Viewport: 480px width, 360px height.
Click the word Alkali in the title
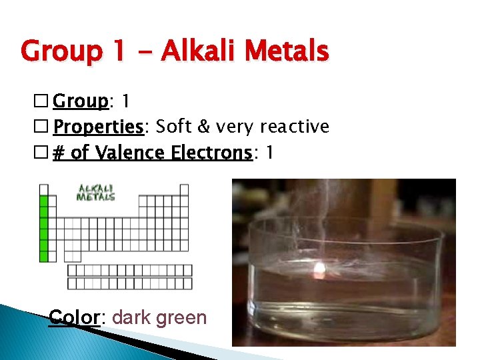coord(203,51)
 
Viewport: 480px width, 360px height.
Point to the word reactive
coord(295,127)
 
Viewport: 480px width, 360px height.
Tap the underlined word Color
coord(74,317)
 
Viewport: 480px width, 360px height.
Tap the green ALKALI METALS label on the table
coord(95,192)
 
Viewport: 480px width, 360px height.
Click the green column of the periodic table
coord(45,223)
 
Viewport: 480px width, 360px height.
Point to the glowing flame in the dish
coord(319,271)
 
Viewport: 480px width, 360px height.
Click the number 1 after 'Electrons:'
coord(269,153)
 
